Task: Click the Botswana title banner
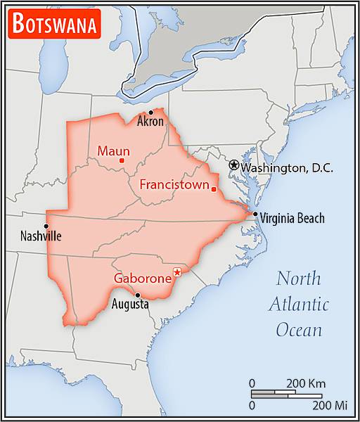pyautogui.click(x=55, y=25)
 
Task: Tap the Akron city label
pyautogui.click(x=150, y=122)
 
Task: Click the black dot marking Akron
pyautogui.click(x=150, y=112)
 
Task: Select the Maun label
pyautogui.click(x=113, y=151)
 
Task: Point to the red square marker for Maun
pyautogui.click(x=122, y=161)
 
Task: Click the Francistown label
pyautogui.click(x=174, y=186)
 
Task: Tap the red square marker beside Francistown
pyautogui.click(x=214, y=188)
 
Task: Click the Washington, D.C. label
pyautogui.click(x=287, y=168)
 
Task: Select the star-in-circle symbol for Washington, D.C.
pyautogui.click(x=233, y=164)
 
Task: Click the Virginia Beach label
pyautogui.click(x=292, y=218)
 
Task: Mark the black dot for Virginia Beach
pyautogui.click(x=255, y=215)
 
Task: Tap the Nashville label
pyautogui.click(x=40, y=236)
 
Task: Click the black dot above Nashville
pyautogui.click(x=46, y=226)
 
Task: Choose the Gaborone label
pyautogui.click(x=143, y=279)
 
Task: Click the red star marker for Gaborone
pyautogui.click(x=177, y=272)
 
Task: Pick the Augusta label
pyautogui.click(x=130, y=305)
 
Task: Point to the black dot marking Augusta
pyautogui.click(x=138, y=295)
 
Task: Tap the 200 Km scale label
pyautogui.click(x=306, y=383)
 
